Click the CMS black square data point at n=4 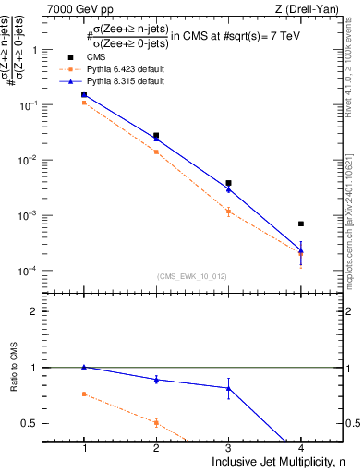(301, 224)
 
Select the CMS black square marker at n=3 (228, 183)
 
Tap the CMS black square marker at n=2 (156, 136)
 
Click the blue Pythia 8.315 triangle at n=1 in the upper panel (84, 94)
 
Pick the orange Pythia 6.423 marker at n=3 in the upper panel (228, 212)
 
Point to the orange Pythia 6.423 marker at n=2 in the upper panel (156, 152)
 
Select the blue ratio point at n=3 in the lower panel (228, 388)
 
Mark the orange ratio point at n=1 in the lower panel (84, 394)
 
